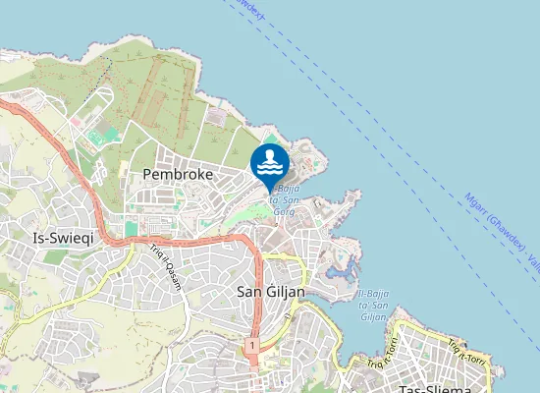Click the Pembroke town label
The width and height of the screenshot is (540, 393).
pyautogui.click(x=178, y=173)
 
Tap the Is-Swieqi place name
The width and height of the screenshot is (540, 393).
pyautogui.click(x=60, y=238)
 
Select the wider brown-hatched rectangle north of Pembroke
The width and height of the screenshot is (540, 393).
pyautogui.click(x=151, y=93)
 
